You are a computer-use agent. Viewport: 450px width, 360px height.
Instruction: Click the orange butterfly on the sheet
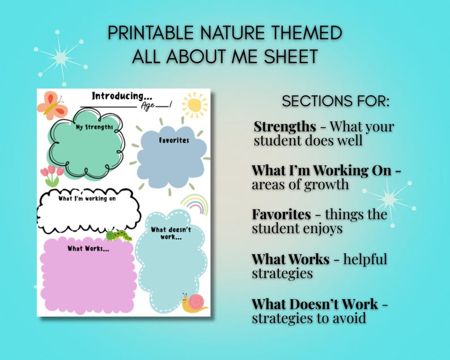(52, 105)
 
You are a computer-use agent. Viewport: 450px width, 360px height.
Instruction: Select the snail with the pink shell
(194, 303)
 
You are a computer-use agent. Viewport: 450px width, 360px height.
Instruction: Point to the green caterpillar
(119, 234)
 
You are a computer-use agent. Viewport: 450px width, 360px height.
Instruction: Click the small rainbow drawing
(194, 202)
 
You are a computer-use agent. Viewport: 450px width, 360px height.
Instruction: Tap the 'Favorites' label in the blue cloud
(174, 140)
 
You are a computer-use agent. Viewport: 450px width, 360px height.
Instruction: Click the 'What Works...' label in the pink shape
(88, 248)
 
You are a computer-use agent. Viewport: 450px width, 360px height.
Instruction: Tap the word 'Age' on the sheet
(151, 105)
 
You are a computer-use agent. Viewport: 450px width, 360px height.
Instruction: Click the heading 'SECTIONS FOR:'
(336, 102)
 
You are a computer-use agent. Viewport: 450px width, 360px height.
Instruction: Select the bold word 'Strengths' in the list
(285, 126)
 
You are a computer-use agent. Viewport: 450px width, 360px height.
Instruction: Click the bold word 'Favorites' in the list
(281, 214)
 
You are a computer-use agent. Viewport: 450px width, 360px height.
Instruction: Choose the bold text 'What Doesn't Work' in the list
(316, 303)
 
